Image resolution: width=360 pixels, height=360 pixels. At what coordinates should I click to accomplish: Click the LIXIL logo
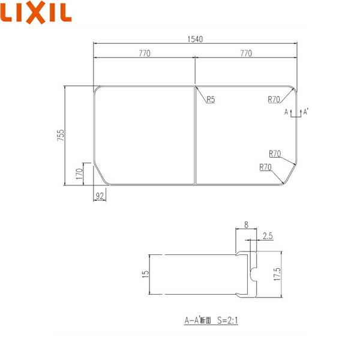[37, 13]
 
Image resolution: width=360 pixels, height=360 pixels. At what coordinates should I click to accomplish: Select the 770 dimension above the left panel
[145, 53]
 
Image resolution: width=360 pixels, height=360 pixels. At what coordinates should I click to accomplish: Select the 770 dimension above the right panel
[246, 53]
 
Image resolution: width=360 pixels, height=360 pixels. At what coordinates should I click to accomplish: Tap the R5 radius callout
[210, 100]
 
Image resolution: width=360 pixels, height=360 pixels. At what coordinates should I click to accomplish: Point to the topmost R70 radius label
[275, 100]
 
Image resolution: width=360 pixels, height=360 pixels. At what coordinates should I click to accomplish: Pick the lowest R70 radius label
[266, 167]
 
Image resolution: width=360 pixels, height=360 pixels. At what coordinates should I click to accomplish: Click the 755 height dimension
[61, 136]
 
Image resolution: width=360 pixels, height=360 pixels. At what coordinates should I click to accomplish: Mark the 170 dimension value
[79, 175]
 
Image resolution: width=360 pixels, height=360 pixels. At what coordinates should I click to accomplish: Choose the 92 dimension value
[100, 195]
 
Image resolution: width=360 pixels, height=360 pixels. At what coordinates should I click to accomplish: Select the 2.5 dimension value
[267, 237]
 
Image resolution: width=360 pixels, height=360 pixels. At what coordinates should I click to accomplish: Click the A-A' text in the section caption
[191, 321]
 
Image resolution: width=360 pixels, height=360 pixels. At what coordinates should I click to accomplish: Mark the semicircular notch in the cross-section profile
[253, 275]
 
